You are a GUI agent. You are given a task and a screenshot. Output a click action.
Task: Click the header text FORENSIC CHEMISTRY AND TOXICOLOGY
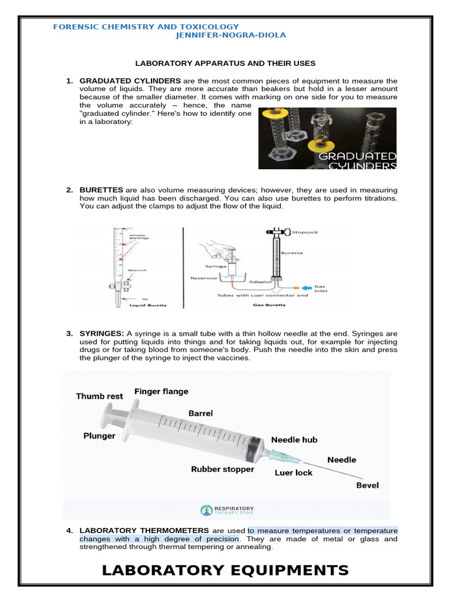tap(146, 26)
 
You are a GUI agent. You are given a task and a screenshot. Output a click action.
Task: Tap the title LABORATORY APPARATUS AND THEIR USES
tap(225, 63)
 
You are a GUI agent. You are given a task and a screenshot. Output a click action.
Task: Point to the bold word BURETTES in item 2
tap(101, 190)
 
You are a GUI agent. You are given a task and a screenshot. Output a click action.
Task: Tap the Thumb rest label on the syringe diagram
tap(99, 396)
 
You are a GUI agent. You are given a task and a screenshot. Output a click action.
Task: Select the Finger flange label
tap(161, 391)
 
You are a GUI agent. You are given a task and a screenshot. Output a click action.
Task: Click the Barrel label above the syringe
tap(200, 413)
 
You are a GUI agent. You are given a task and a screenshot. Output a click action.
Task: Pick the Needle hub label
tap(294, 440)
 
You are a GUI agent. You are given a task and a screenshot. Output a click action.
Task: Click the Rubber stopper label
tap(223, 469)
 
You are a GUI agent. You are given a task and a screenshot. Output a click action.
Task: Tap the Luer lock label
tap(294, 472)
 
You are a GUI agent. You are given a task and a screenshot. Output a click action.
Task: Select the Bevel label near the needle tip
tap(368, 486)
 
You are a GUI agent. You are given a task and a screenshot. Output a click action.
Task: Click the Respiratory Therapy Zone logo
tap(227, 510)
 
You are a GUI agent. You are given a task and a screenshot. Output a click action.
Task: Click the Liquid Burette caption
tap(148, 306)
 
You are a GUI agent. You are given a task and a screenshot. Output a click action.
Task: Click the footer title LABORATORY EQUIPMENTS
tap(225, 570)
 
